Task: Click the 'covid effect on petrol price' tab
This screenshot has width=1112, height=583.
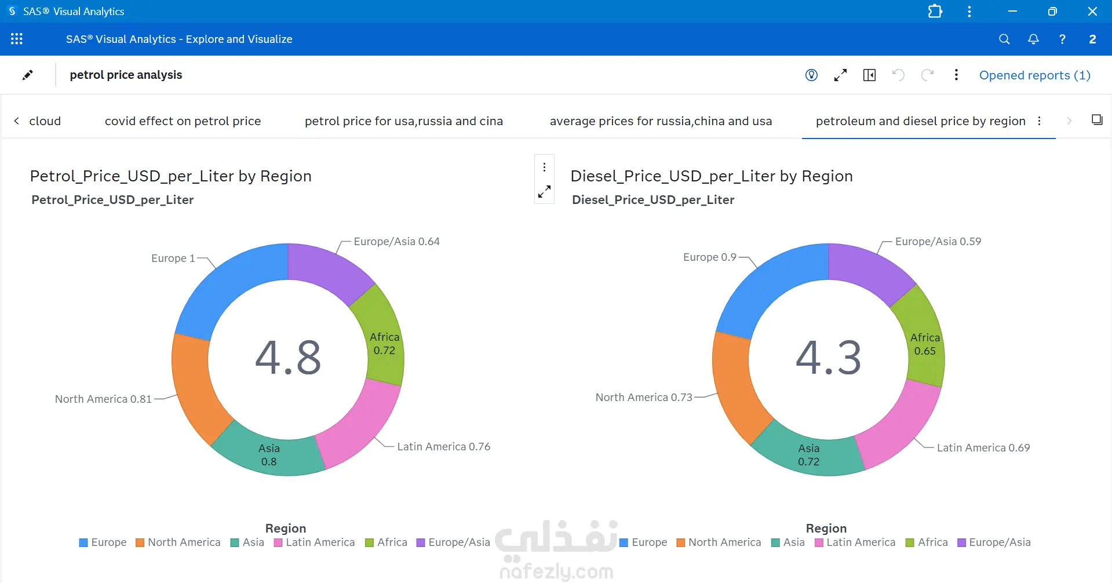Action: pyautogui.click(x=183, y=121)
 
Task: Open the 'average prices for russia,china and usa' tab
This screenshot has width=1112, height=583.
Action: pyautogui.click(x=661, y=121)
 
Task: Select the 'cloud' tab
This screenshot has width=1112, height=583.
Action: pyautogui.click(x=45, y=121)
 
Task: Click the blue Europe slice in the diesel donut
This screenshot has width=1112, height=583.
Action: pyautogui.click(x=765, y=284)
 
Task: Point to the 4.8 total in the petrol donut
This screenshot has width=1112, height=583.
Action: pyautogui.click(x=288, y=357)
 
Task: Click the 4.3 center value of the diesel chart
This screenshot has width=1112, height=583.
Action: pyautogui.click(x=829, y=357)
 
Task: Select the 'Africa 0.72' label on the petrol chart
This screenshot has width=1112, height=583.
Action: pyautogui.click(x=384, y=344)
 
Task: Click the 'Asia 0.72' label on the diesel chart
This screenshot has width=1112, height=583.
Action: pyautogui.click(x=808, y=455)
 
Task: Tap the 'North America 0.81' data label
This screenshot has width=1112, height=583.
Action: pyautogui.click(x=103, y=399)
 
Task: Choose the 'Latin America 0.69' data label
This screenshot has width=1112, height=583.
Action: pyautogui.click(x=983, y=447)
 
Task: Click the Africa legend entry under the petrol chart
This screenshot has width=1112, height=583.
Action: pyautogui.click(x=387, y=542)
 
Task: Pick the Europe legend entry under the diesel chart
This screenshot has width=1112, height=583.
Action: pyautogui.click(x=643, y=542)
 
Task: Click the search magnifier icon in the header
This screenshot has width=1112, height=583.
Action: pyautogui.click(x=1004, y=39)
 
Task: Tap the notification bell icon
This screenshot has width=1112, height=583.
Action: pyautogui.click(x=1033, y=39)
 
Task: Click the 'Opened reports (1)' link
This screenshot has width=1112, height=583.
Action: pyautogui.click(x=1035, y=75)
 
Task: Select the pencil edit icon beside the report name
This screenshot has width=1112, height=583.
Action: pyautogui.click(x=27, y=75)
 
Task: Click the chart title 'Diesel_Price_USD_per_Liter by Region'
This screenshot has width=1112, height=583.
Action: pyautogui.click(x=712, y=176)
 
